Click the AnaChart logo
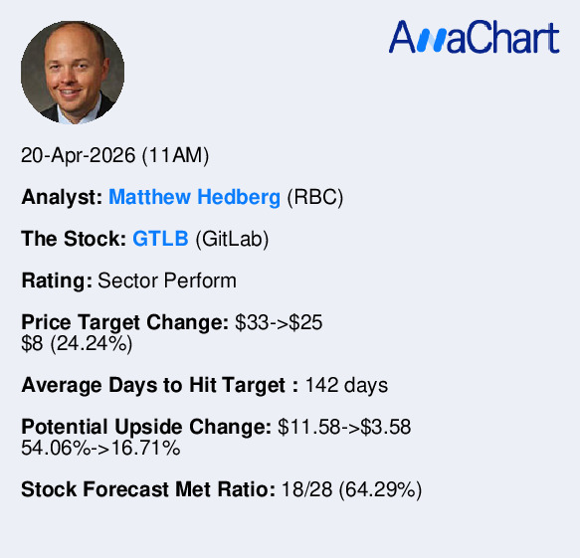(x=474, y=38)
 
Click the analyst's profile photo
(x=73, y=73)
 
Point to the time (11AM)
(x=175, y=156)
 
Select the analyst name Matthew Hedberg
(x=194, y=197)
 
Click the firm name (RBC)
(x=314, y=197)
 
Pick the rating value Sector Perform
(x=167, y=280)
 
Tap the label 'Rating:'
(x=57, y=280)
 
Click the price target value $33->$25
(x=279, y=322)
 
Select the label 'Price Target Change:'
(x=125, y=322)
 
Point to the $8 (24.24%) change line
(x=77, y=343)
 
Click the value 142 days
(x=346, y=385)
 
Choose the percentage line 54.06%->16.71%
(x=100, y=448)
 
